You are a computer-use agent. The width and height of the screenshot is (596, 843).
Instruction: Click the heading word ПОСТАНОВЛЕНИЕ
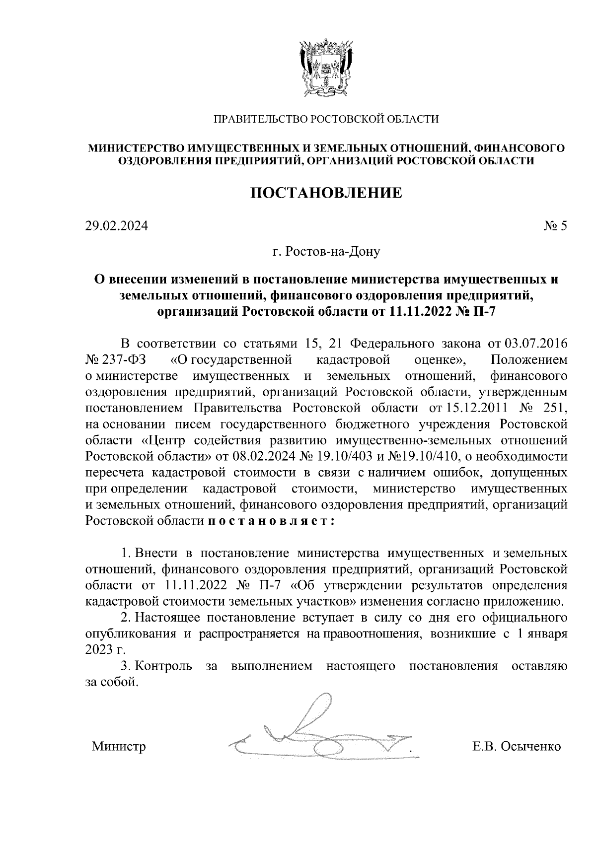click(326, 193)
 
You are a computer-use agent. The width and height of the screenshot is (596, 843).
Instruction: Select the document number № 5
click(555, 226)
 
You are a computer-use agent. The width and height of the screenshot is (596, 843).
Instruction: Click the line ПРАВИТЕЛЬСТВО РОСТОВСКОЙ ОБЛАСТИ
click(326, 119)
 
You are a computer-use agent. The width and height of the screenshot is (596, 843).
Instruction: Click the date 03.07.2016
click(536, 344)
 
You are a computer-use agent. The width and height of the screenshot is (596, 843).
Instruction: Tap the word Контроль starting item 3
click(164, 666)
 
